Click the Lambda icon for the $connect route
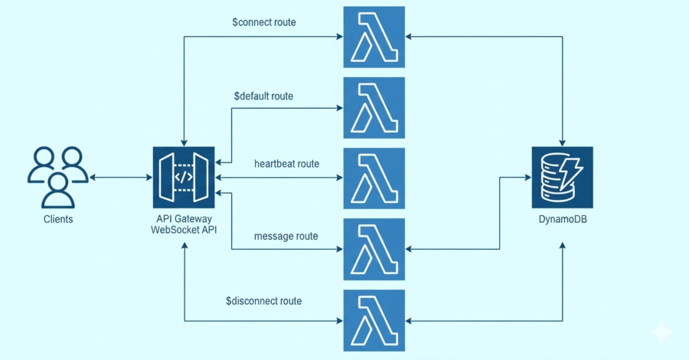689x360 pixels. [374, 36]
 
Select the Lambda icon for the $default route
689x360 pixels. [374, 107]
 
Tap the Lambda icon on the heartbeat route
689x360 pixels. [374, 178]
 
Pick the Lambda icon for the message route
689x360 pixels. [374, 249]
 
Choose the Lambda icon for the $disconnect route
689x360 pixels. [374, 319]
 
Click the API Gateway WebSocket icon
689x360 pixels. [184, 178]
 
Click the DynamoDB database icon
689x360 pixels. [563, 178]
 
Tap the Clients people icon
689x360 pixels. [58, 178]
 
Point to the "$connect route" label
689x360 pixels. [264, 22]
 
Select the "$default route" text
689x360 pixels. [264, 96]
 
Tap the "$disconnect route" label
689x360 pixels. [263, 301]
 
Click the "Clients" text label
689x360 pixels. [58, 220]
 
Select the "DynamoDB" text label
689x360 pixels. [563, 220]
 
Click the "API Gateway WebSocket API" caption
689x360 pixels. [184, 225]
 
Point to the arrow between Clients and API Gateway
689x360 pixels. [121, 178]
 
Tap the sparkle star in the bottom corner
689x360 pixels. [660, 332]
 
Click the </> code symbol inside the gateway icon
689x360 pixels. [184, 178]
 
